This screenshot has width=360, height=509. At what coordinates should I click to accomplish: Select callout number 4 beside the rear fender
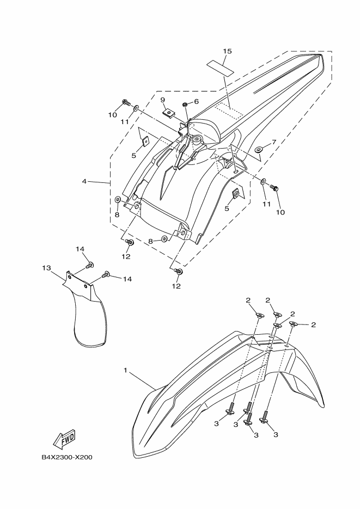(x=85, y=181)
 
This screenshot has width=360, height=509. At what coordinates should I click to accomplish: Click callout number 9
(x=162, y=100)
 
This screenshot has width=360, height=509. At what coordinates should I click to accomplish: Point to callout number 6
(x=196, y=101)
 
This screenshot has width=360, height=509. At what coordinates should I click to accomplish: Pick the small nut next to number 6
(x=186, y=103)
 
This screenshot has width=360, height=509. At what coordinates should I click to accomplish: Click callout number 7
(x=274, y=142)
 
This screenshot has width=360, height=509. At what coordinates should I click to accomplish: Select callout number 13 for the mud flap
(x=46, y=268)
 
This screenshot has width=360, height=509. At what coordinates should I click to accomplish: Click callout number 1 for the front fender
(x=125, y=371)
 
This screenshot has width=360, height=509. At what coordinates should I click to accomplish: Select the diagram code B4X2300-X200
(x=66, y=457)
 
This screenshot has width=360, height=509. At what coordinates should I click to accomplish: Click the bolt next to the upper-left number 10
(x=126, y=102)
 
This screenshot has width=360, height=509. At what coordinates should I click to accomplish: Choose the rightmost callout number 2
(x=313, y=325)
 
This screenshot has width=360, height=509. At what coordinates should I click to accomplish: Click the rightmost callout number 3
(x=275, y=435)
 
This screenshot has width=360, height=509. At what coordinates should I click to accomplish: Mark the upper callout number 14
(x=80, y=249)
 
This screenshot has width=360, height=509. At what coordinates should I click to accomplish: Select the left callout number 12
(x=126, y=256)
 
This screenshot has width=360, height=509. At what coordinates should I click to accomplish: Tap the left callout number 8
(x=117, y=215)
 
